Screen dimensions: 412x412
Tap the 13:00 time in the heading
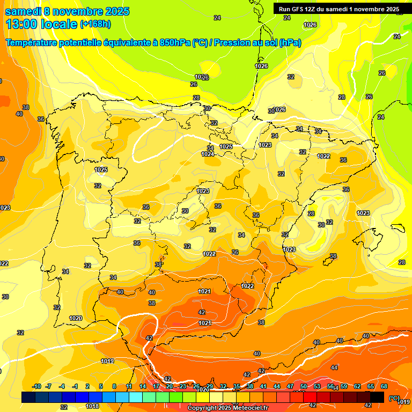[x=22, y=24]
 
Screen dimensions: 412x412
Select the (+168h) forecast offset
[x=95, y=24]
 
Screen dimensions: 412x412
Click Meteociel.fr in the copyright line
[x=247, y=408]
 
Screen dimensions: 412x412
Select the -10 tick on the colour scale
[x=36, y=386]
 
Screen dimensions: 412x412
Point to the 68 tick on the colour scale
[x=384, y=386]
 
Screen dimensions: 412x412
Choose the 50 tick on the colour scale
[x=304, y=386]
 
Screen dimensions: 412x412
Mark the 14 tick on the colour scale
[x=143, y=386]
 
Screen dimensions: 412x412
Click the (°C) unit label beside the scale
[x=394, y=398]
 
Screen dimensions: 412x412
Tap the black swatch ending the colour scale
[x=377, y=397]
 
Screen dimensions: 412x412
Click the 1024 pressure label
[x=208, y=154]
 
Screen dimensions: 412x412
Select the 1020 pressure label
[x=76, y=318]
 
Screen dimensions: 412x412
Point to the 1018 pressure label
[x=92, y=406]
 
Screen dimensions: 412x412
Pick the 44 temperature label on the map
[x=334, y=367]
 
